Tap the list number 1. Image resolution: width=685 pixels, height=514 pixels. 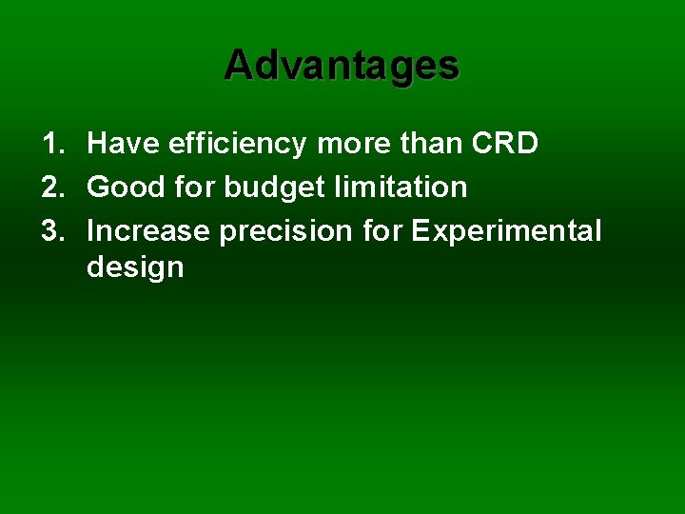[x=51, y=144]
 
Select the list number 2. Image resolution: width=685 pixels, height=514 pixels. [x=51, y=188]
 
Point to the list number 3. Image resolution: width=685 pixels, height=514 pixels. [x=51, y=231]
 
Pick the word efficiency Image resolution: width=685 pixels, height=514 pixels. [x=237, y=145]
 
